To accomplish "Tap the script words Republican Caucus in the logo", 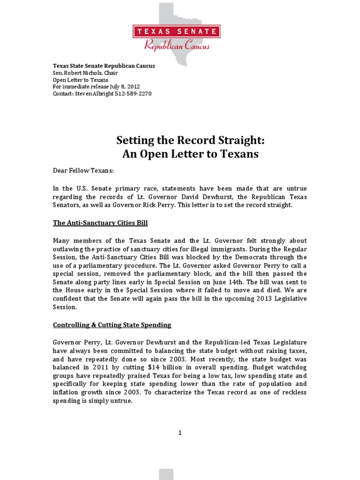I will [x=177, y=45].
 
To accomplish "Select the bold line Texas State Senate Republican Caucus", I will [x=104, y=66].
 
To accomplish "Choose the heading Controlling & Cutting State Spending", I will [x=112, y=325].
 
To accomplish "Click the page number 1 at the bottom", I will [x=180, y=433].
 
